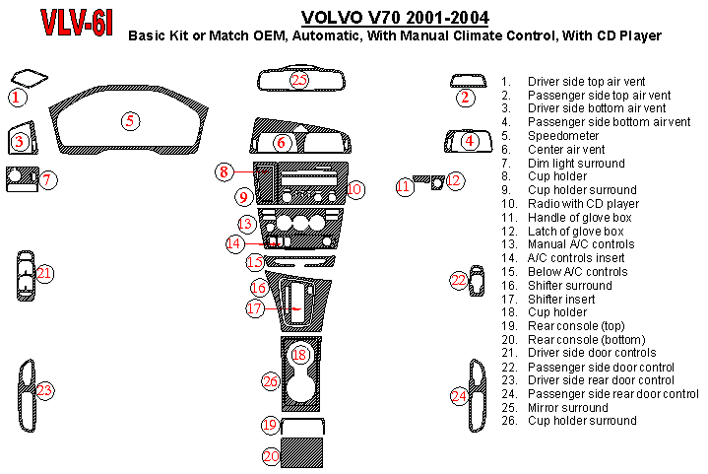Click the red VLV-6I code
tap(76, 22)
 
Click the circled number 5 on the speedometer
tap(130, 120)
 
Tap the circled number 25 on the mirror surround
tap(299, 80)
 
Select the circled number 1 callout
tap(17, 98)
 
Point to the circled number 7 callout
tap(48, 179)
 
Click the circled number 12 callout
tap(454, 180)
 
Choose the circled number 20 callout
tap(271, 456)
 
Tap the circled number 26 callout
tap(271, 381)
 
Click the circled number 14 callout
tap(234, 243)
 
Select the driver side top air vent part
tap(29, 78)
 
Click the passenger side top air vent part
tap(469, 81)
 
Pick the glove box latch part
tap(437, 182)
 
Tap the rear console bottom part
tap(301, 452)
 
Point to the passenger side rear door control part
tap(478, 396)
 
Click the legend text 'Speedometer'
tap(563, 136)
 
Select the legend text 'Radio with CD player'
tap(583, 204)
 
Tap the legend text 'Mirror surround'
tap(568, 408)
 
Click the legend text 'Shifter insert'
tap(561, 300)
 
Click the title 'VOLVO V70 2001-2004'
tap(395, 18)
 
